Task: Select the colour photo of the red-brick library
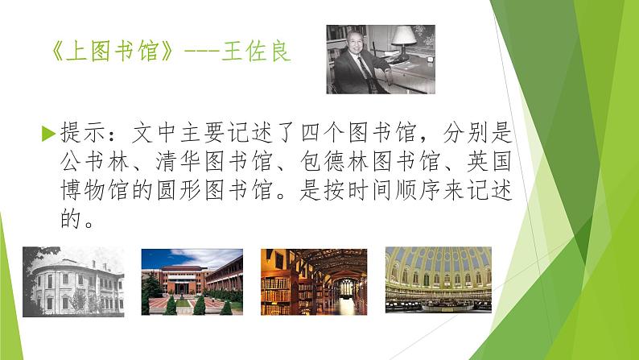pos(192,281)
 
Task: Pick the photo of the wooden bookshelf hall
pos(314,281)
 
